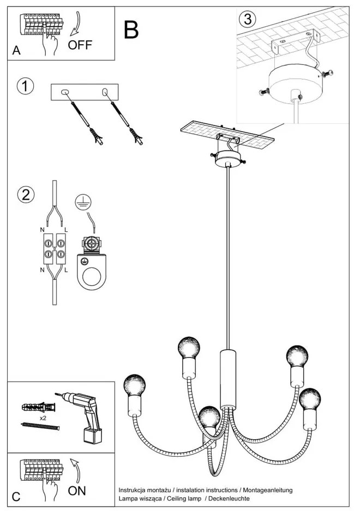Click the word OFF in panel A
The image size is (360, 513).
[80, 45]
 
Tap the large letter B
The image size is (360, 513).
[131, 29]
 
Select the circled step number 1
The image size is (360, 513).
[25, 87]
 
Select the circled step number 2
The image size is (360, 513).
[25, 195]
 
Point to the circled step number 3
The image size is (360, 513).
[247, 19]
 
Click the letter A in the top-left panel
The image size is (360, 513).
[16, 51]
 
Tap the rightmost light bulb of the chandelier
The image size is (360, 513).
[309, 398]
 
